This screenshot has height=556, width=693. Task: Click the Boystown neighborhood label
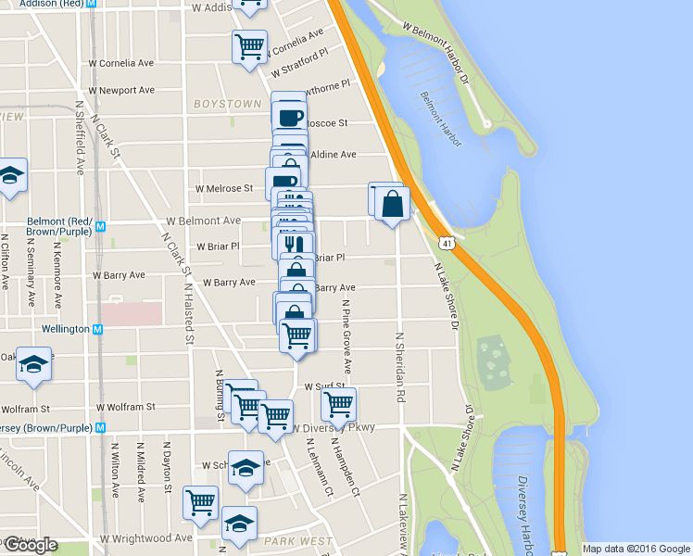pos(227,105)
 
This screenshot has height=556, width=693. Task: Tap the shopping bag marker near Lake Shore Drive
pos(393,203)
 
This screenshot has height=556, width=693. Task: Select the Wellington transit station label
pos(65,329)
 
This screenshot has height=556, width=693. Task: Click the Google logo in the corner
pos(31,545)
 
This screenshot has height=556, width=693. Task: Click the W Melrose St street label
pos(223,188)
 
